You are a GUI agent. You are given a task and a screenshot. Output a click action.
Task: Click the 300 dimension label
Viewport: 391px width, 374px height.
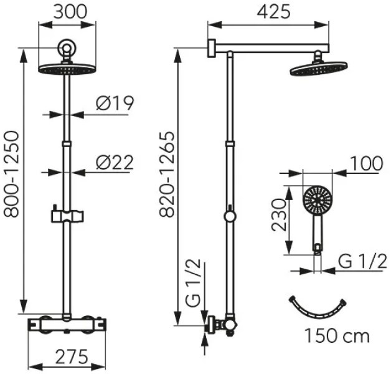click(x=70, y=12)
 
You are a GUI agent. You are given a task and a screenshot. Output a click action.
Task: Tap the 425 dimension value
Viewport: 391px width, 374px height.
click(x=273, y=12)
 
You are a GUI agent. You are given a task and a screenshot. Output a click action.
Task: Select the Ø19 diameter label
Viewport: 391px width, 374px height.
click(x=115, y=103)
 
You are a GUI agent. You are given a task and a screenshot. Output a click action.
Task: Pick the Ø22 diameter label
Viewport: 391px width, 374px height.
click(x=115, y=163)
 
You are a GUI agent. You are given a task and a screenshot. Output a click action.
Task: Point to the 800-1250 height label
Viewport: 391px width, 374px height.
click(x=12, y=174)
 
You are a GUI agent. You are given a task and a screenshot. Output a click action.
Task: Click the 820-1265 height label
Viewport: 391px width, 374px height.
click(x=167, y=174)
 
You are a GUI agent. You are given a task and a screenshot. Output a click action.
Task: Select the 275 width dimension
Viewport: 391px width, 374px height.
click(x=72, y=357)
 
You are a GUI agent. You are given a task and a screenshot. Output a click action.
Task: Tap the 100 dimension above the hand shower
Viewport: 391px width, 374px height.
click(x=366, y=163)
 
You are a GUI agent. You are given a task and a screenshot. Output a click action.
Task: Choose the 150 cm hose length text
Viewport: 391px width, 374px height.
click(x=337, y=336)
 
